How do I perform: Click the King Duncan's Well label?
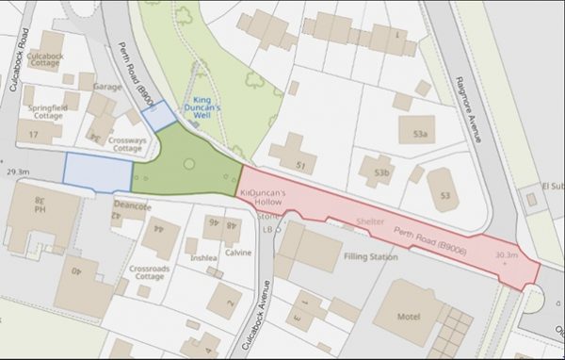pyautogui.click(x=214, y=103)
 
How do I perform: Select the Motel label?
pyautogui.click(x=408, y=317)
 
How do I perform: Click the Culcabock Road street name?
pyautogui.click(x=18, y=58)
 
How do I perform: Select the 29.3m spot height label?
pyautogui.click(x=18, y=172)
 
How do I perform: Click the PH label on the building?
pyautogui.click(x=40, y=208)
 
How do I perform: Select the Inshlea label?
pyautogui.click(x=204, y=256)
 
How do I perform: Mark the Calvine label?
pyautogui.click(x=237, y=253)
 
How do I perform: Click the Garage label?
pyautogui.click(x=104, y=86)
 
